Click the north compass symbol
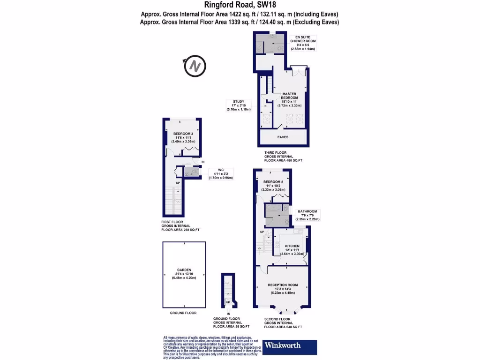click(x=195, y=66)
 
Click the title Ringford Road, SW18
click(x=240, y=6)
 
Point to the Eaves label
click(x=282, y=137)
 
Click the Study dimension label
click(x=238, y=105)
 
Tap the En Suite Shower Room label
click(x=302, y=44)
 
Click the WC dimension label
click(x=220, y=174)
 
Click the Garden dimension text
click(x=184, y=276)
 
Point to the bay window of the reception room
click(x=282, y=309)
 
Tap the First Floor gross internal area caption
click(x=180, y=226)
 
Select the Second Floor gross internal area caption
click(x=283, y=323)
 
